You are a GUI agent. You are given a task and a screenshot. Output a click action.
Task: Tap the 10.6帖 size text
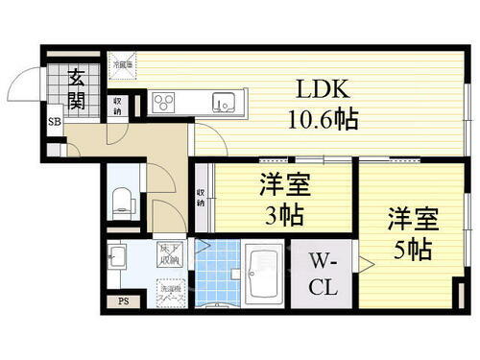(314, 121)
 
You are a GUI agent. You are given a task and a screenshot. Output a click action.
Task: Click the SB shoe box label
(57, 123)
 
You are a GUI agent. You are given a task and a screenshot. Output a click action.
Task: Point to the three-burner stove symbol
(162, 102)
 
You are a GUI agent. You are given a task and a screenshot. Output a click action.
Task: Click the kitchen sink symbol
(224, 102)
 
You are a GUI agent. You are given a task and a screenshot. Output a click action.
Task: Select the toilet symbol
(122, 199)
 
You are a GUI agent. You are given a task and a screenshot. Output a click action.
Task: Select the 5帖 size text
(413, 248)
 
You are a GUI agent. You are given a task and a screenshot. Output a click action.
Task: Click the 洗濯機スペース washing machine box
(173, 289)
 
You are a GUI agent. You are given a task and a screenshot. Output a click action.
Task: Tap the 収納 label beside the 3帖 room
(201, 198)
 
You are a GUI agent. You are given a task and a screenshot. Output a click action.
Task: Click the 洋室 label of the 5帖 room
(413, 217)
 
